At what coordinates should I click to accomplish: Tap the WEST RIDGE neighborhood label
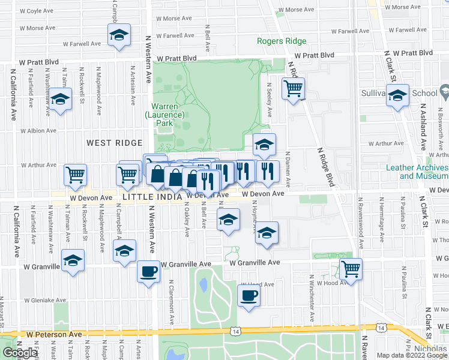point(114,143)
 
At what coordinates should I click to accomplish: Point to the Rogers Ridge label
point(282,41)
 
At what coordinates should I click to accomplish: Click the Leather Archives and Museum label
point(423,172)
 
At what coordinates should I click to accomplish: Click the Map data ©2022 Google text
point(412,355)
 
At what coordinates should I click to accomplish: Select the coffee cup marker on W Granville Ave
point(148,272)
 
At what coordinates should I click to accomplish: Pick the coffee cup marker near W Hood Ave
point(248,295)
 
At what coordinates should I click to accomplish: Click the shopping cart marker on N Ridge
point(293,89)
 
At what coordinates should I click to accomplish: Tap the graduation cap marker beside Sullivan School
point(397,95)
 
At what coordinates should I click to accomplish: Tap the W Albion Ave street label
point(38,130)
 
